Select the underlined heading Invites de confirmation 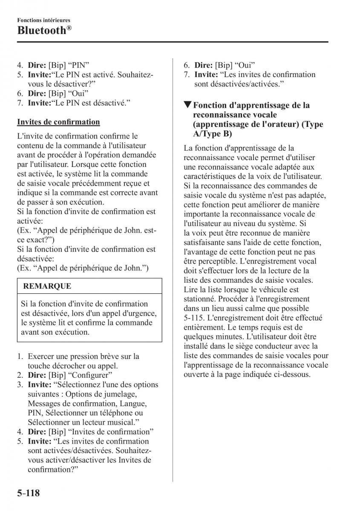58,122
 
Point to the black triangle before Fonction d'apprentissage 187,105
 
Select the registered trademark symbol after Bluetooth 69,28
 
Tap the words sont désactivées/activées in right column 239,84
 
